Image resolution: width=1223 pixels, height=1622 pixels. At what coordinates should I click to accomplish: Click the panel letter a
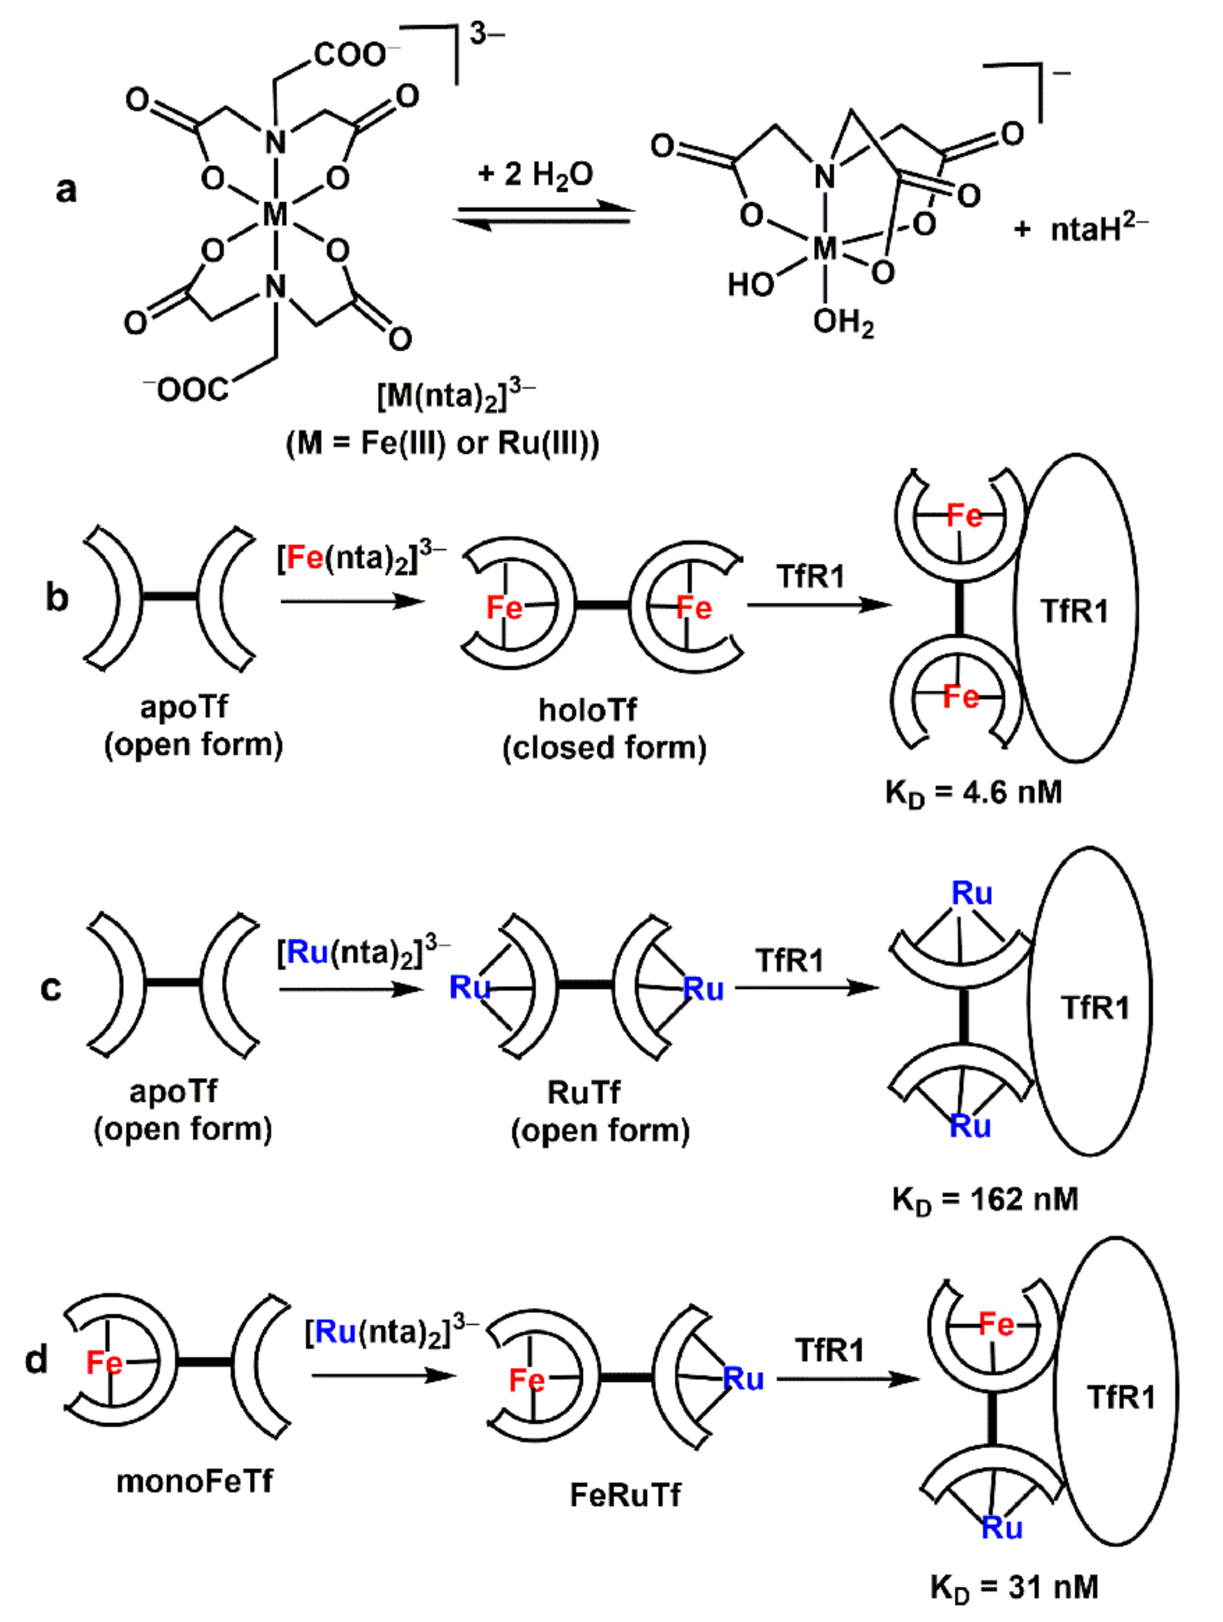(x=66, y=189)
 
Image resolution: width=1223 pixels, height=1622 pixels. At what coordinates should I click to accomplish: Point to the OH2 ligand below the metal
(x=843, y=322)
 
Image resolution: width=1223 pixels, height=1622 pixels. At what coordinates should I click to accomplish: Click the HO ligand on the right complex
(x=750, y=284)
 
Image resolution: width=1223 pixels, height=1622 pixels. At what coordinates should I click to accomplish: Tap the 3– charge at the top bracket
(x=487, y=35)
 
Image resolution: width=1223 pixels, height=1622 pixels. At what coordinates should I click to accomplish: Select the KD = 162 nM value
(x=984, y=1200)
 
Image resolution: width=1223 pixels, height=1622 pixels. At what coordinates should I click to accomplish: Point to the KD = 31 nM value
(x=1014, y=1587)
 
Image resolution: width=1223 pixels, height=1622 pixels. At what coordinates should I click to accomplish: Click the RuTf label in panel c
(x=584, y=1092)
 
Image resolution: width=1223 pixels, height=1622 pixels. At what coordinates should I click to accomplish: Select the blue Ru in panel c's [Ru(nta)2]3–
(x=307, y=953)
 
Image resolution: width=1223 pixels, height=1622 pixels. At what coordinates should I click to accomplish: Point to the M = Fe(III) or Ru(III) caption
(x=442, y=443)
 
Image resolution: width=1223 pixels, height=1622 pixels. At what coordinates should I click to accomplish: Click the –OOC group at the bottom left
(x=186, y=389)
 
